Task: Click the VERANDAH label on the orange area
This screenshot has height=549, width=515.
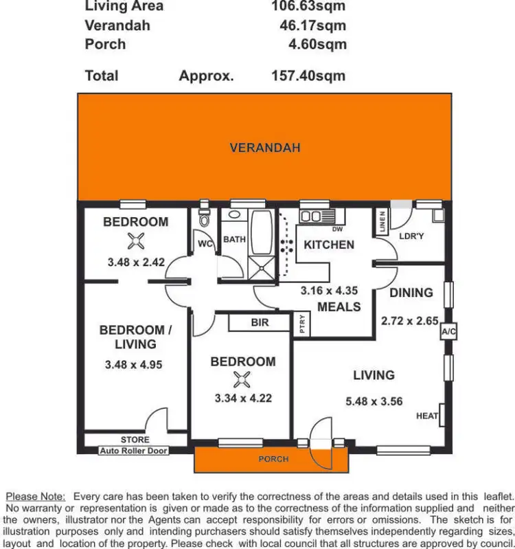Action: point(264,148)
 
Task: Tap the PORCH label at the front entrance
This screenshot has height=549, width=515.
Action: point(273,459)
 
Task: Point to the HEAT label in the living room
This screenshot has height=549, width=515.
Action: point(427,416)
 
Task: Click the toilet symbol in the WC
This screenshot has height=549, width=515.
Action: point(204,217)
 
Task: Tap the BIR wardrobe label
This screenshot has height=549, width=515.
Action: point(260,322)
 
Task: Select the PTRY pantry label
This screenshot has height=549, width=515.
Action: point(303,324)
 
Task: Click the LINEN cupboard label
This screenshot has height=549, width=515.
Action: point(382,221)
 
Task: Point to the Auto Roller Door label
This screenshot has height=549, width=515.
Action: point(134,451)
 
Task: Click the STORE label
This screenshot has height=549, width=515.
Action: point(135,440)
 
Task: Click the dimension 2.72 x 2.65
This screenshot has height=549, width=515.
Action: point(409,320)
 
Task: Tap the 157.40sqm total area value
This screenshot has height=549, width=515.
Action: point(308,76)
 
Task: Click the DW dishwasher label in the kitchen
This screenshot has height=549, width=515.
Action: point(337,229)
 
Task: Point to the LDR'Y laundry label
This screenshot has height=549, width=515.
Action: point(413,236)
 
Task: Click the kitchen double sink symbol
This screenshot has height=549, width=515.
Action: point(311,216)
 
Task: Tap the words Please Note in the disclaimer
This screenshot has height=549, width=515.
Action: point(35,496)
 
